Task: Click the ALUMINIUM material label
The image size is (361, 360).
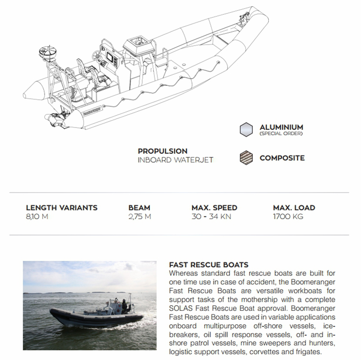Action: [281, 127]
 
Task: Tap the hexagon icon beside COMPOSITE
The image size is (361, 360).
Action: [246, 158]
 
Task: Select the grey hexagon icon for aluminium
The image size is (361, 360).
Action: [246, 130]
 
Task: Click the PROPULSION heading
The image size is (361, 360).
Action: [163, 151]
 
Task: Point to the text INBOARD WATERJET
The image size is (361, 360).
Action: [175, 160]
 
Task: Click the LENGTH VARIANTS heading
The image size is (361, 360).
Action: [61, 208]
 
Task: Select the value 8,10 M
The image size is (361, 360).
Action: [37, 217]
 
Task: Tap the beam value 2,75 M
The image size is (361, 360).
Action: [140, 217]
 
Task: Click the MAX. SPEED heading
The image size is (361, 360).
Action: [214, 208]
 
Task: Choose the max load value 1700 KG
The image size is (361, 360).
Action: [288, 217]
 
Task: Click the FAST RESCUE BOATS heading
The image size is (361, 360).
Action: [208, 264]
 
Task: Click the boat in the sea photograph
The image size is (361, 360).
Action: [98, 315]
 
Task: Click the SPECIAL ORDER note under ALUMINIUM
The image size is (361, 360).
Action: [281, 133]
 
